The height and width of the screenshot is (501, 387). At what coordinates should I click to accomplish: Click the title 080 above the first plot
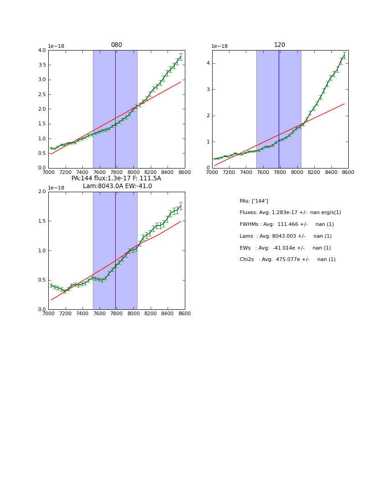(117, 45)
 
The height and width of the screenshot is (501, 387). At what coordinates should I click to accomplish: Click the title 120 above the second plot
(280, 45)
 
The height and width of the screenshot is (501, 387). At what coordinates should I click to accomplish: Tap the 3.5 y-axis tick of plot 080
(42, 65)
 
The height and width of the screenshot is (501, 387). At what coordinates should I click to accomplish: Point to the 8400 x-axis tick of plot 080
(168, 172)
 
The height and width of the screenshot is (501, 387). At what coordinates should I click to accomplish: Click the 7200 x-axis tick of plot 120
(229, 172)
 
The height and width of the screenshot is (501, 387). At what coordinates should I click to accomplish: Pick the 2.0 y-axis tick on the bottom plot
(42, 192)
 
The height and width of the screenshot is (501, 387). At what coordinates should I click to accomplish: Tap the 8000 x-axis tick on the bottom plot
(133, 314)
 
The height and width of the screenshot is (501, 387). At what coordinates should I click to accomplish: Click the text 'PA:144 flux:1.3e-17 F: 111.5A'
(116, 179)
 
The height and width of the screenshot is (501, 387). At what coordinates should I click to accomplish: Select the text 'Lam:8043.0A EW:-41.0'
(117, 186)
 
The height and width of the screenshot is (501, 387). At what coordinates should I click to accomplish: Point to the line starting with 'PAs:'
(254, 201)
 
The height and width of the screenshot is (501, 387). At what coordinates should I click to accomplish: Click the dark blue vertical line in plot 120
(279, 109)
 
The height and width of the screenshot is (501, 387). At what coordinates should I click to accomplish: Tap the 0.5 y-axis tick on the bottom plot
(42, 280)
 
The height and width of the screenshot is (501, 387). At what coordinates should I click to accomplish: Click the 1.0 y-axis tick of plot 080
(42, 138)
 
